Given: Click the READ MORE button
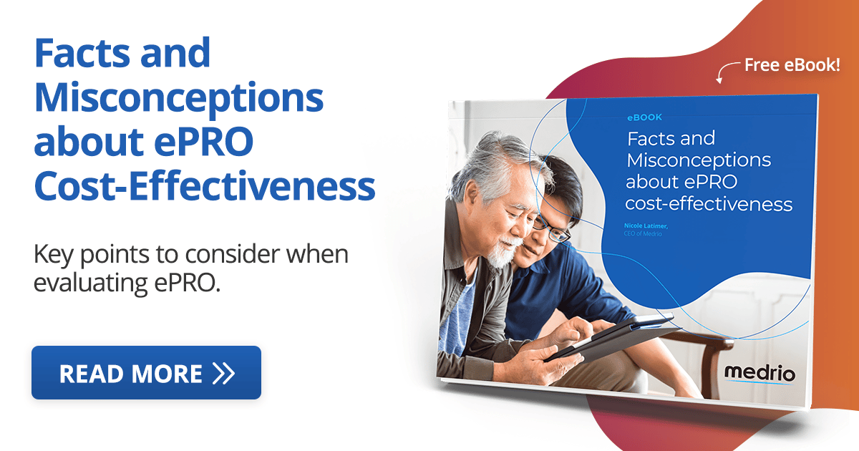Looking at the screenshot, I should coord(146,373).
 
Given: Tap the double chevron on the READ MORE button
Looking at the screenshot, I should coord(223,374).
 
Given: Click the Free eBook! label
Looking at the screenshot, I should coord(792,65).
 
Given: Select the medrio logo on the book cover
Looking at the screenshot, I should coord(759,374).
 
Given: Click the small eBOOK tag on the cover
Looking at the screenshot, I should coord(644,117).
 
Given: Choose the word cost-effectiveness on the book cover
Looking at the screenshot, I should coord(709,204).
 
